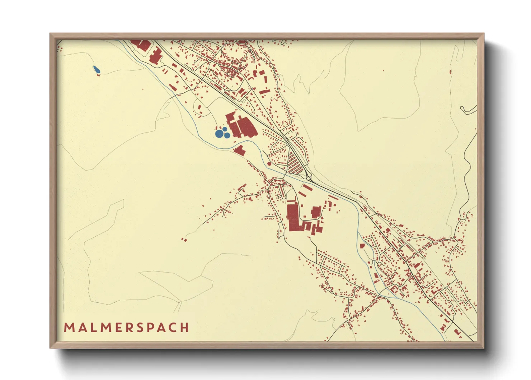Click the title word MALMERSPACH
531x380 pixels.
click(126, 327)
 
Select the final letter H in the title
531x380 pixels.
click(185, 327)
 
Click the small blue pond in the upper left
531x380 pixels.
click(96, 69)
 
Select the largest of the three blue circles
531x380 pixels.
click(219, 134)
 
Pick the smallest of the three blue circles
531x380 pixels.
click(225, 129)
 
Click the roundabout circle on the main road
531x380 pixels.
click(308, 178)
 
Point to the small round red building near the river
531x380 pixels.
click(269, 163)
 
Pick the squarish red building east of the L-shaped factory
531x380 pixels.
click(315, 212)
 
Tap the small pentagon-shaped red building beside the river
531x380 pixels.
click(362, 246)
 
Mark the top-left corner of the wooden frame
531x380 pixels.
click(50, 33)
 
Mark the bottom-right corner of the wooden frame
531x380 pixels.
click(484, 348)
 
